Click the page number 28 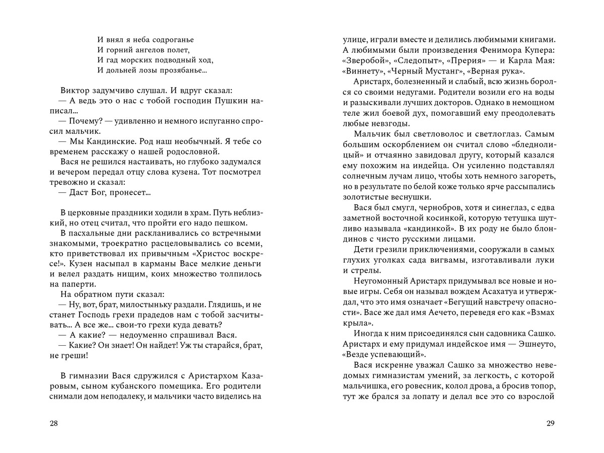tap(54, 423)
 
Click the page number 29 tap(550, 423)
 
